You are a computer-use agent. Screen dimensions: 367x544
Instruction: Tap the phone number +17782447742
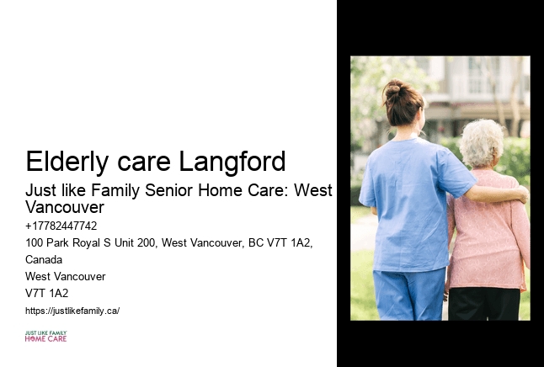click(61, 226)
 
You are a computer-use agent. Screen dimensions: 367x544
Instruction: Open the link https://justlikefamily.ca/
click(72, 311)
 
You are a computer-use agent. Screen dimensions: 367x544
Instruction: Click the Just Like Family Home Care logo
click(45, 337)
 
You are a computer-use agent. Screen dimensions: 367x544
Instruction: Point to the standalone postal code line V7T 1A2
click(47, 293)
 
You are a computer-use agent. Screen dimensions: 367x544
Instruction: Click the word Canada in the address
click(44, 259)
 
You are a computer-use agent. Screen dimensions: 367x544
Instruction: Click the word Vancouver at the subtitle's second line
click(65, 207)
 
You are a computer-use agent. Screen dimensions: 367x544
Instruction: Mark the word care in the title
click(142, 161)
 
